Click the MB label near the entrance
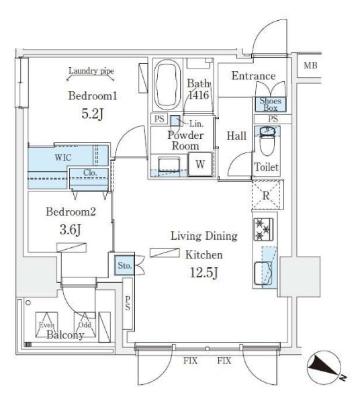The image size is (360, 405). point(310,65)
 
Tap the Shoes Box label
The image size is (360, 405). point(270,104)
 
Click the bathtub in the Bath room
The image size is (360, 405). point(167,85)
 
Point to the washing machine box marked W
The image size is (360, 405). point(200,164)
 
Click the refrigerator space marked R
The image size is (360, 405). point(266,195)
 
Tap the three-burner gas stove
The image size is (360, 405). point(263,229)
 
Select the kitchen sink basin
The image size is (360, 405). point(263,273)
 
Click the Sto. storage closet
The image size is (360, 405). point(124,265)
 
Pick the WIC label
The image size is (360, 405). point(63,157)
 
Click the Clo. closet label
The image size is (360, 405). point(90,173)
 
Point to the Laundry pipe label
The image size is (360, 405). point(91,71)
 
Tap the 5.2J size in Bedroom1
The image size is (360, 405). point(92,114)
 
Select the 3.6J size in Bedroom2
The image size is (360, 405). point(70,230)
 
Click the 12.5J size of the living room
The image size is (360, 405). point(204,272)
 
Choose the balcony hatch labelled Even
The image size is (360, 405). point(47,324)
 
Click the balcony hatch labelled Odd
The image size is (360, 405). point(85,324)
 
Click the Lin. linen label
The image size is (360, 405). point(196,124)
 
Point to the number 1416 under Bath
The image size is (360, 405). point(199,95)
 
